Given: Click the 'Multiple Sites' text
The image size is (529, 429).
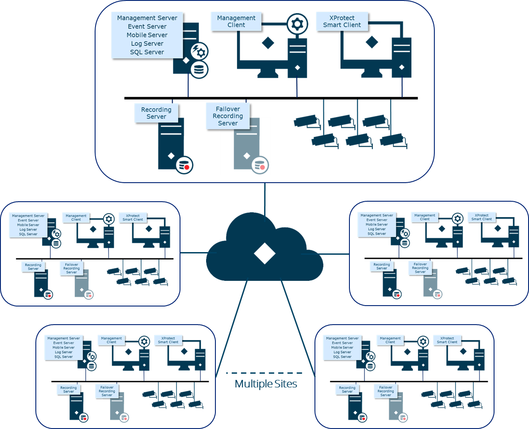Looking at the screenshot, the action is (x=266, y=384).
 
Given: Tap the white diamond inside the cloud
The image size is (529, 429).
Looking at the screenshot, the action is (x=264, y=253).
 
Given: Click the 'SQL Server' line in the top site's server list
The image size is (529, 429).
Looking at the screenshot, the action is (x=147, y=52).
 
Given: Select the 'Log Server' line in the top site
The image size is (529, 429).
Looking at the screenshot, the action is (x=147, y=43).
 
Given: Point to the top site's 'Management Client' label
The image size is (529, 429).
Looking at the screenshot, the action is (x=236, y=21).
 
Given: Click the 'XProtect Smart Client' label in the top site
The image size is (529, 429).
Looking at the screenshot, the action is (x=342, y=21).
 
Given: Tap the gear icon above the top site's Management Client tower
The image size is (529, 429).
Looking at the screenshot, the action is (x=297, y=24).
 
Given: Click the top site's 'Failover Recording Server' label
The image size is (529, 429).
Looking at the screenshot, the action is (x=228, y=116).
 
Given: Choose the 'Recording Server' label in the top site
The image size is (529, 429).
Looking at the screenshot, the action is (x=156, y=113).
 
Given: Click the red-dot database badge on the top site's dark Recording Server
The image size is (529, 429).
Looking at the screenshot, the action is (x=184, y=165).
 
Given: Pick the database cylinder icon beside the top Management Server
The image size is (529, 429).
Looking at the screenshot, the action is (x=199, y=70).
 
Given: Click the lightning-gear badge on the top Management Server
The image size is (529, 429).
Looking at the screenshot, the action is (x=199, y=51).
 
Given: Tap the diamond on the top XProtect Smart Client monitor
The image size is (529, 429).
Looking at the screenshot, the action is (x=372, y=42).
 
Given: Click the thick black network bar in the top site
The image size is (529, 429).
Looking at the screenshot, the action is (x=271, y=98).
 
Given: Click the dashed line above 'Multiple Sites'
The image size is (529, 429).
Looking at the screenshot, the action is (x=264, y=373).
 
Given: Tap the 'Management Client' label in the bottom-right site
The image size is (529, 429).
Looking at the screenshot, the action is (x=390, y=340).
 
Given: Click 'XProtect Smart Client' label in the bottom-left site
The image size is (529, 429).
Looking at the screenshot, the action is (x=168, y=340).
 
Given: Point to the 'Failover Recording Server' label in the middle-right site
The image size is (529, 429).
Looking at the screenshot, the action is (x=420, y=268).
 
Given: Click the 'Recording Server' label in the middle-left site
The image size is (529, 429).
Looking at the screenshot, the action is (x=33, y=267).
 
